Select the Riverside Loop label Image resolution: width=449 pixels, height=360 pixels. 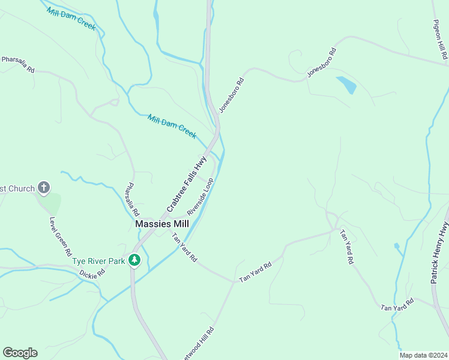tap(200, 196)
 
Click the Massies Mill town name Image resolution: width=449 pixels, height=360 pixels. tap(162, 223)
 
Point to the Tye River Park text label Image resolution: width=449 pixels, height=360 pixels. tap(98, 261)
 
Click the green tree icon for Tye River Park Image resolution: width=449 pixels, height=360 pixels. tap(136, 260)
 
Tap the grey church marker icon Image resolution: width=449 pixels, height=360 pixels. tap(43, 188)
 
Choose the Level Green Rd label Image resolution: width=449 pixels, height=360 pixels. tap(61, 236)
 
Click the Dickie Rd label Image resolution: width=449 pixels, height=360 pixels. tap(92, 272)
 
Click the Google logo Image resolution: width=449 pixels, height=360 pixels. tap(20, 353)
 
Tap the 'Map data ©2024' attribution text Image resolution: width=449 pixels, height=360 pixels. tap(423, 355)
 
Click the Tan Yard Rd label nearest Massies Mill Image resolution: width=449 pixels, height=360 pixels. tap(184, 247)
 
